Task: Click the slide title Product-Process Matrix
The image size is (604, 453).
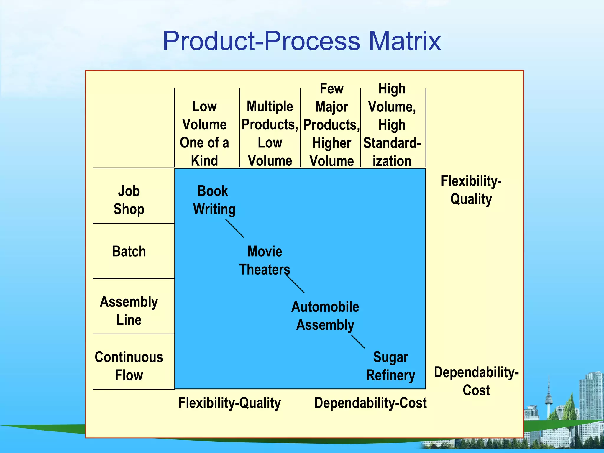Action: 301,41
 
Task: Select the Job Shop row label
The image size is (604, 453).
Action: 129,200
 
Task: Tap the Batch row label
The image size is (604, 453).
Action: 129,252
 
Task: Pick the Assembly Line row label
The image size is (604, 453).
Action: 129,311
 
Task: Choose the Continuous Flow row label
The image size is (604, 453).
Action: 129,366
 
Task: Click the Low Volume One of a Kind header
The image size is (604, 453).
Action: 204,134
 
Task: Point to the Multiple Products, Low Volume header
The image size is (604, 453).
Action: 270,134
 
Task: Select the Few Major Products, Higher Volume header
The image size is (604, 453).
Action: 331,125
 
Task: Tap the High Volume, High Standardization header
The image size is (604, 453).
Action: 392,125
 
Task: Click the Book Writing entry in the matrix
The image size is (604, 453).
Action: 214,200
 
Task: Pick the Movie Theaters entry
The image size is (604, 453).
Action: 265,260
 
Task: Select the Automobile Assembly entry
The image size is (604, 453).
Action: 325,316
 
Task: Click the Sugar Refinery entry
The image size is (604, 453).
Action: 390,366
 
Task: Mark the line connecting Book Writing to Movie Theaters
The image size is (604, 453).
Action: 235,228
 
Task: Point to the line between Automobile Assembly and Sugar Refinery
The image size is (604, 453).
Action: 358,342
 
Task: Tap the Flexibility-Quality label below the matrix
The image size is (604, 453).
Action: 229,403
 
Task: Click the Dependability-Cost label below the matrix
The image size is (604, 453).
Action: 370,403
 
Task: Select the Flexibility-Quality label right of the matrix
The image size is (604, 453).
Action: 471,190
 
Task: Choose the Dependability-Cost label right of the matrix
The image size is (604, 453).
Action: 476,381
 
